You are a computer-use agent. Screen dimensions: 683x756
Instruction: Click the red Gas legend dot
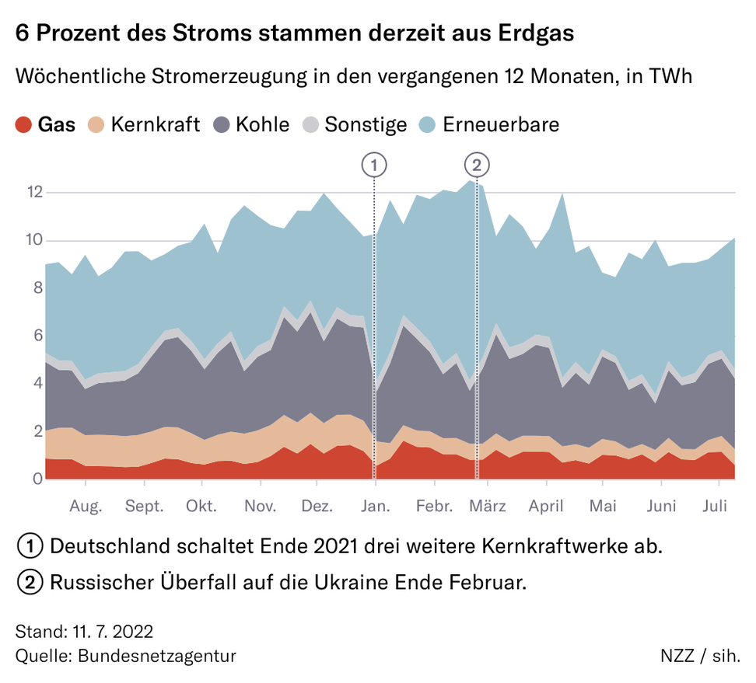[x=24, y=124]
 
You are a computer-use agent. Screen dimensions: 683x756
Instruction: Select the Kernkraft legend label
[x=156, y=124]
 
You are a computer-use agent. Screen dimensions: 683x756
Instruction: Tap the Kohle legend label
[x=262, y=124]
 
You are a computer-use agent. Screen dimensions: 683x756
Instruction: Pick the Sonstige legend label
[x=366, y=124]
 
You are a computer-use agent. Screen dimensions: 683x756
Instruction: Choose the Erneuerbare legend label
[x=501, y=124]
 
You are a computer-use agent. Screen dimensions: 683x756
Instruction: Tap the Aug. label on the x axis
[x=86, y=507]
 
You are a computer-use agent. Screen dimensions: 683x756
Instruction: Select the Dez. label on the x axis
[x=317, y=507]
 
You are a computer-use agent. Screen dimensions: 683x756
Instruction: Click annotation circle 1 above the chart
[x=374, y=165]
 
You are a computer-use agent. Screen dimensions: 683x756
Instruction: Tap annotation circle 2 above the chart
[x=477, y=165]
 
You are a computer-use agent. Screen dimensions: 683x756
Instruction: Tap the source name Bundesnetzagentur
[x=156, y=655]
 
